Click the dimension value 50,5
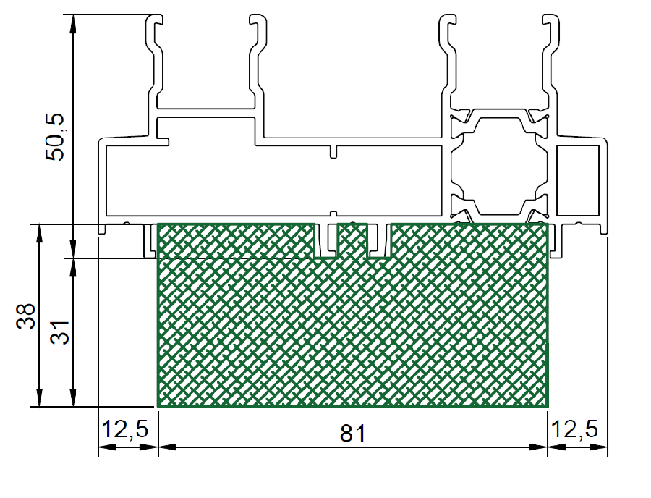coord(55,137)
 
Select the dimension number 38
coord(26,316)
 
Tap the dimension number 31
coord(60,332)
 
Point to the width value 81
coord(352,434)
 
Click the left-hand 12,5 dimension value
coord(125,429)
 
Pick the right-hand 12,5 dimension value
coord(574,429)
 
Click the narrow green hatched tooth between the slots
coord(352,241)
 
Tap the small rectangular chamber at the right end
coord(577,181)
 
